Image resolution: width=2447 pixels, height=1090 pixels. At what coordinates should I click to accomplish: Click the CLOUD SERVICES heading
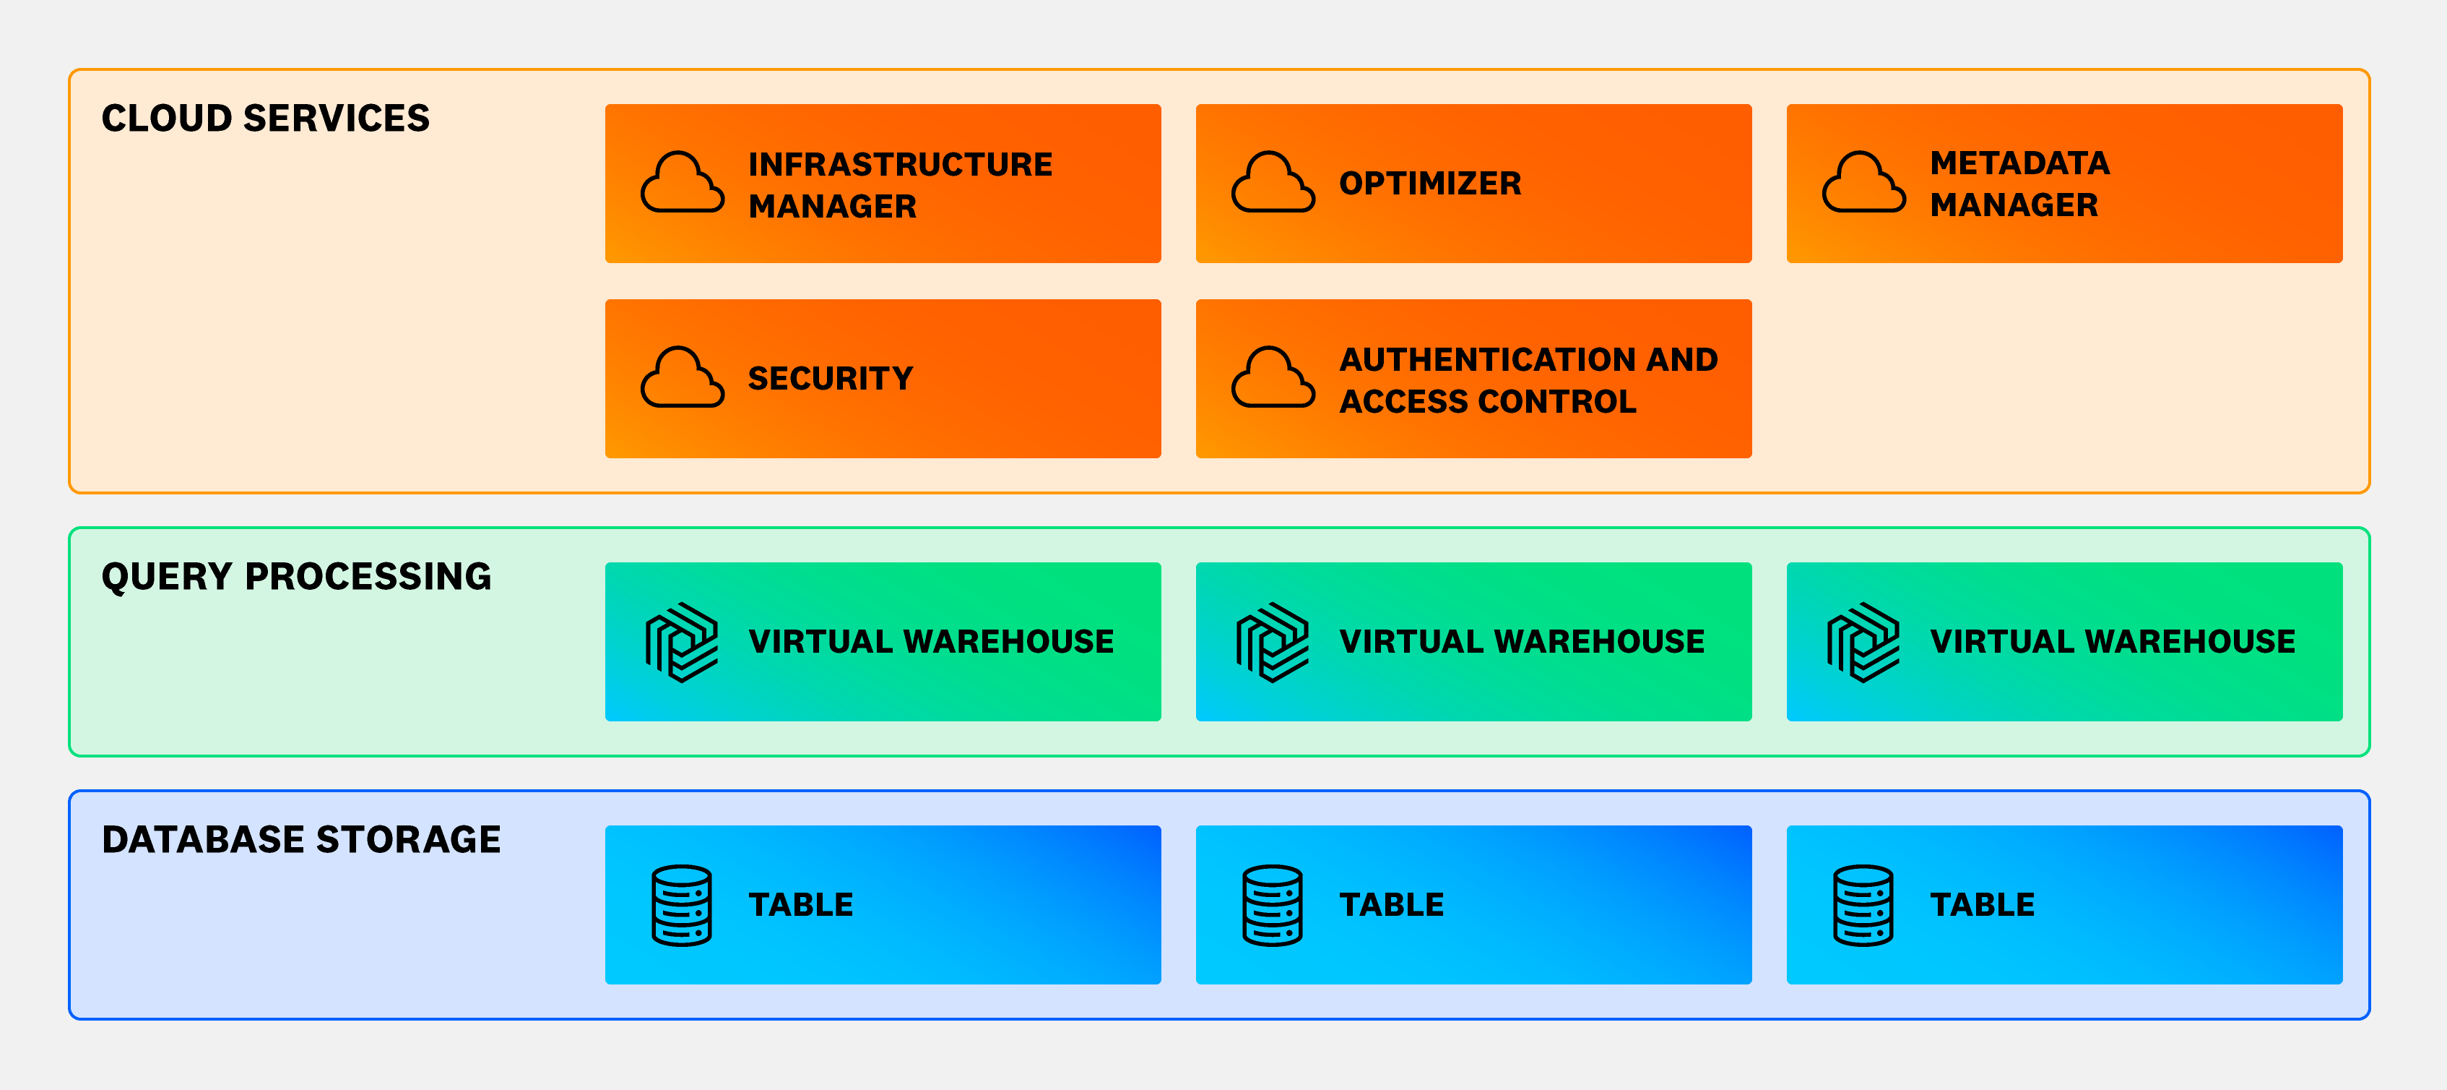pyautogui.click(x=265, y=119)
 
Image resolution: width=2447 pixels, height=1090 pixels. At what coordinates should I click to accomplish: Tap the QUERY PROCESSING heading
pyautogui.click(x=296, y=577)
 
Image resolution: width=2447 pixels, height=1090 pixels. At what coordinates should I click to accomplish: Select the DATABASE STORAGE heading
pyautogui.click(x=301, y=840)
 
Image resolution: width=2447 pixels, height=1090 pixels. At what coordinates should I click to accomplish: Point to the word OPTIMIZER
pyautogui.click(x=1429, y=184)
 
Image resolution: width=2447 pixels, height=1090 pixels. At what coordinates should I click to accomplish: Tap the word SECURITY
pyautogui.click(x=831, y=378)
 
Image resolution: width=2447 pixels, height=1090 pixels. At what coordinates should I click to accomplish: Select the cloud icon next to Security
pyautogui.click(x=682, y=378)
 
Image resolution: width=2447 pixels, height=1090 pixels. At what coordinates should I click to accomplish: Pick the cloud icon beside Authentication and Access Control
pyautogui.click(x=1273, y=378)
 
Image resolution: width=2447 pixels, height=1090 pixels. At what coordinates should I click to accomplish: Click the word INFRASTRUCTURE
pyautogui.click(x=900, y=164)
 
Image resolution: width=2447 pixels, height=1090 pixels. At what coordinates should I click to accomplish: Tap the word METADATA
pyautogui.click(x=2019, y=163)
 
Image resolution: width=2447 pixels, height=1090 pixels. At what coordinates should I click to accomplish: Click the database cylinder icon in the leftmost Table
pyautogui.click(x=682, y=905)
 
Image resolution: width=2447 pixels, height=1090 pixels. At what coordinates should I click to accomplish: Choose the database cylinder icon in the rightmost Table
pyautogui.click(x=1863, y=905)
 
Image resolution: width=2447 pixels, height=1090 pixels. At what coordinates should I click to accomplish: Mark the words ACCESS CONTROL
pyautogui.click(x=1488, y=402)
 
